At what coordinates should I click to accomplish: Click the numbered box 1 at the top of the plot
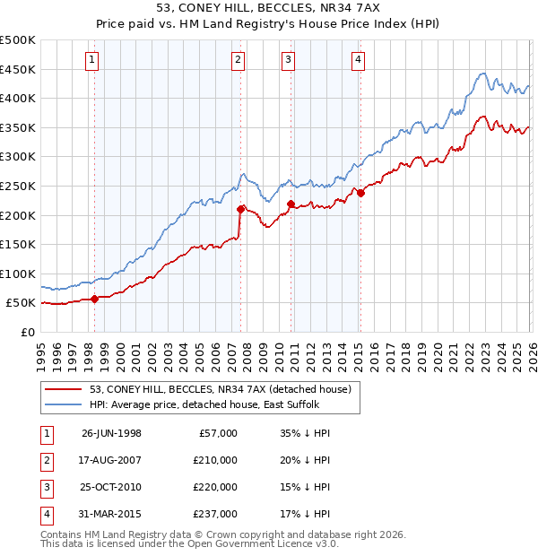pos(93,60)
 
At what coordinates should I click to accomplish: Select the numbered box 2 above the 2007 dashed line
pos(239,60)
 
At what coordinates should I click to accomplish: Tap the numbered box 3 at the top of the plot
pos(289,60)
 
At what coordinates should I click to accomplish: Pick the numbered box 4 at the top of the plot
pos(358,60)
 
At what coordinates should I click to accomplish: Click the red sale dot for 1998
pos(95,300)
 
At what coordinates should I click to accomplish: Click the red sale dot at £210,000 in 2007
pos(240,209)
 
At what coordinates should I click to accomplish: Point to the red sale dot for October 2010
pos(291,204)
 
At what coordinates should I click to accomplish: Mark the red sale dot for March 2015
pos(360,193)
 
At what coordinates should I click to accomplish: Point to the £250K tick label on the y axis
pos(18,186)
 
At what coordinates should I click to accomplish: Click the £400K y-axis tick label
pos(18,98)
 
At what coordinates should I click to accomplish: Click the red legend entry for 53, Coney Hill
pos(213,389)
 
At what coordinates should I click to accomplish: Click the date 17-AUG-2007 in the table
pos(111,459)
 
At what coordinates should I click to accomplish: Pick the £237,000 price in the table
pos(216,514)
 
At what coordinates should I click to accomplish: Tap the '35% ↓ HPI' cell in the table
pos(305,432)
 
